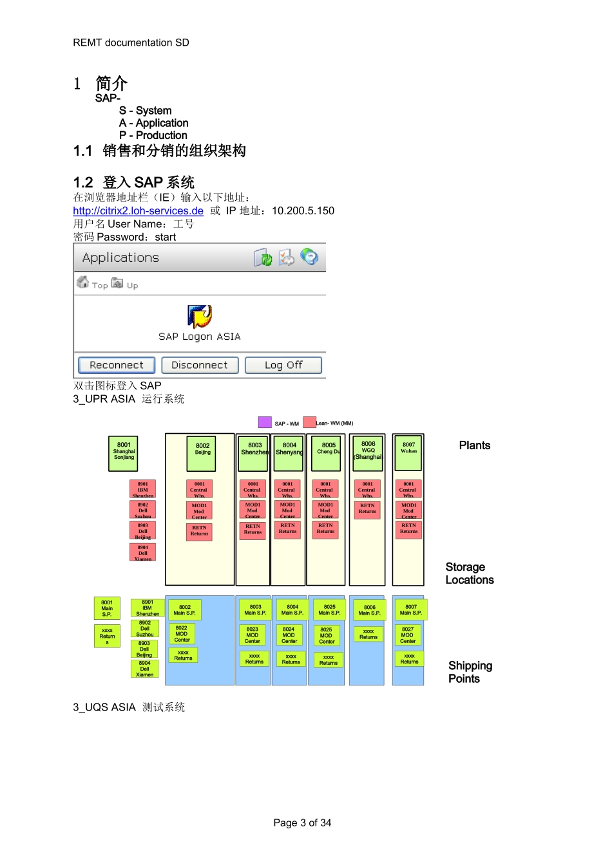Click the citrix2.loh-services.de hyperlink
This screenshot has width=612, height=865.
click(138, 211)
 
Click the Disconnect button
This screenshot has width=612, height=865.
click(200, 365)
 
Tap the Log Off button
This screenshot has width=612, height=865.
click(283, 365)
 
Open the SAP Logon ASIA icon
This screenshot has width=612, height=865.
click(200, 317)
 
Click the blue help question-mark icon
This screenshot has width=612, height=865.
click(310, 257)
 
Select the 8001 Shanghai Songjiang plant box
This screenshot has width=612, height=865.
click(124, 452)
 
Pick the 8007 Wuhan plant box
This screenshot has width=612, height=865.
click(408, 452)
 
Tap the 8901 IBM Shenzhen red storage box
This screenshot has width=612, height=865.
click(142, 489)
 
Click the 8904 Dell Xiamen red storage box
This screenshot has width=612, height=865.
click(142, 553)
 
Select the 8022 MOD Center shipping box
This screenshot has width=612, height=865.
click(182, 634)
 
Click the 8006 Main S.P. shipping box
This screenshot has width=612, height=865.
click(369, 610)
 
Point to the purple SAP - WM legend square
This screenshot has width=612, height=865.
click(265, 422)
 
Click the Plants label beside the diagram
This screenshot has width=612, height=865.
click(475, 445)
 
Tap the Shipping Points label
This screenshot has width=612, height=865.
click(470, 672)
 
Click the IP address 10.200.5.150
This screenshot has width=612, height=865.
click(303, 211)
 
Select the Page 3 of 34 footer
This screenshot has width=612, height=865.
click(302, 823)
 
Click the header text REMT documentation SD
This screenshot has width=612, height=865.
click(131, 42)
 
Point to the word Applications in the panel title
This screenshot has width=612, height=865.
click(120, 257)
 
